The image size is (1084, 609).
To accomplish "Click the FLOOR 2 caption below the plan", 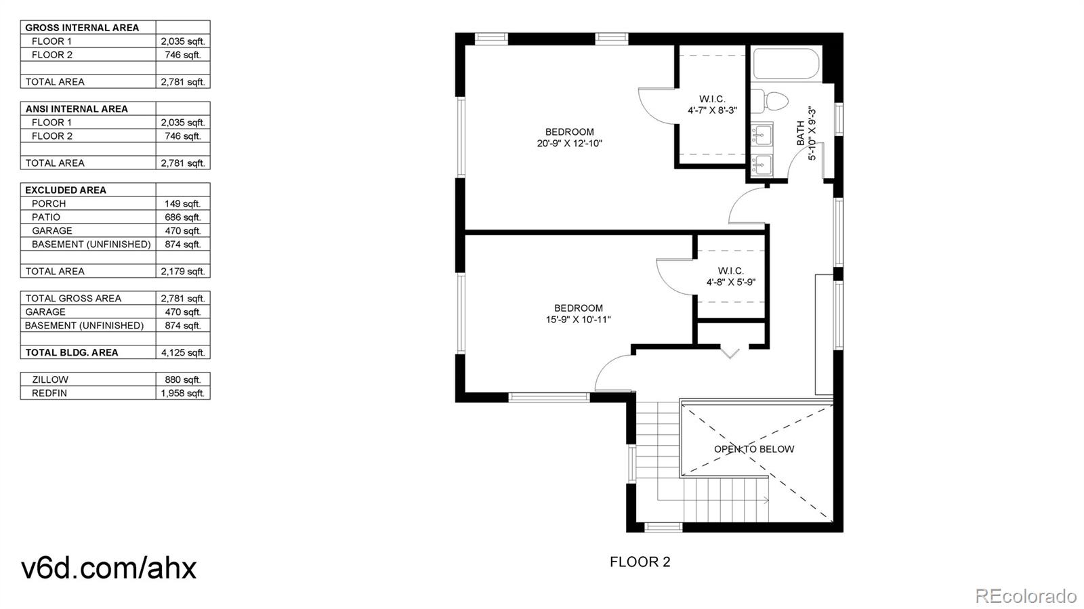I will pos(640,562).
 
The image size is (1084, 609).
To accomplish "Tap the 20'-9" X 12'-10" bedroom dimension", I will pos(569,144).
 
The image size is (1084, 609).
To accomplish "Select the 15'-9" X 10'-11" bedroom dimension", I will pos(578,320).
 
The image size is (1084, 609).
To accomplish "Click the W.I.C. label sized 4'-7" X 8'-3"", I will pos(712,104).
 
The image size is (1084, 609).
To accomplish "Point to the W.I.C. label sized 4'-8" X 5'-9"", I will pos(730,276).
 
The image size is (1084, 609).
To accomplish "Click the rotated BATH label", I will pos(801,133).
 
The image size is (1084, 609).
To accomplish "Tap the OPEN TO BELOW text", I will pos(753,449).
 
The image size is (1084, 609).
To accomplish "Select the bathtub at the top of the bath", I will pos(786,64).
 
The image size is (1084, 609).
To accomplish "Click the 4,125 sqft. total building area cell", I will pos(182,352).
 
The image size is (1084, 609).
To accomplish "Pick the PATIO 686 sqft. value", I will pos(182,217).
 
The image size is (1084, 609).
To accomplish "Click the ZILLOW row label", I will pos(50,379).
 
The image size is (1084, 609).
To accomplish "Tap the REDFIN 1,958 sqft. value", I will pos(182,393).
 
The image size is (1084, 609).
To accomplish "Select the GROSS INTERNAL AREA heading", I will pos(82,28).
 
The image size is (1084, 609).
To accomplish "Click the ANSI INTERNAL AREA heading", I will pos(77,108).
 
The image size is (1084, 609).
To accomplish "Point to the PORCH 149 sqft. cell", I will pos(182,203).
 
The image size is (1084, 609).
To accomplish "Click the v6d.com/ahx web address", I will pos(108,568).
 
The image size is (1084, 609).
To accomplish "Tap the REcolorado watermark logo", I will pos(1025,595).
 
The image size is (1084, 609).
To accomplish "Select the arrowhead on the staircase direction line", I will pos(766,501).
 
